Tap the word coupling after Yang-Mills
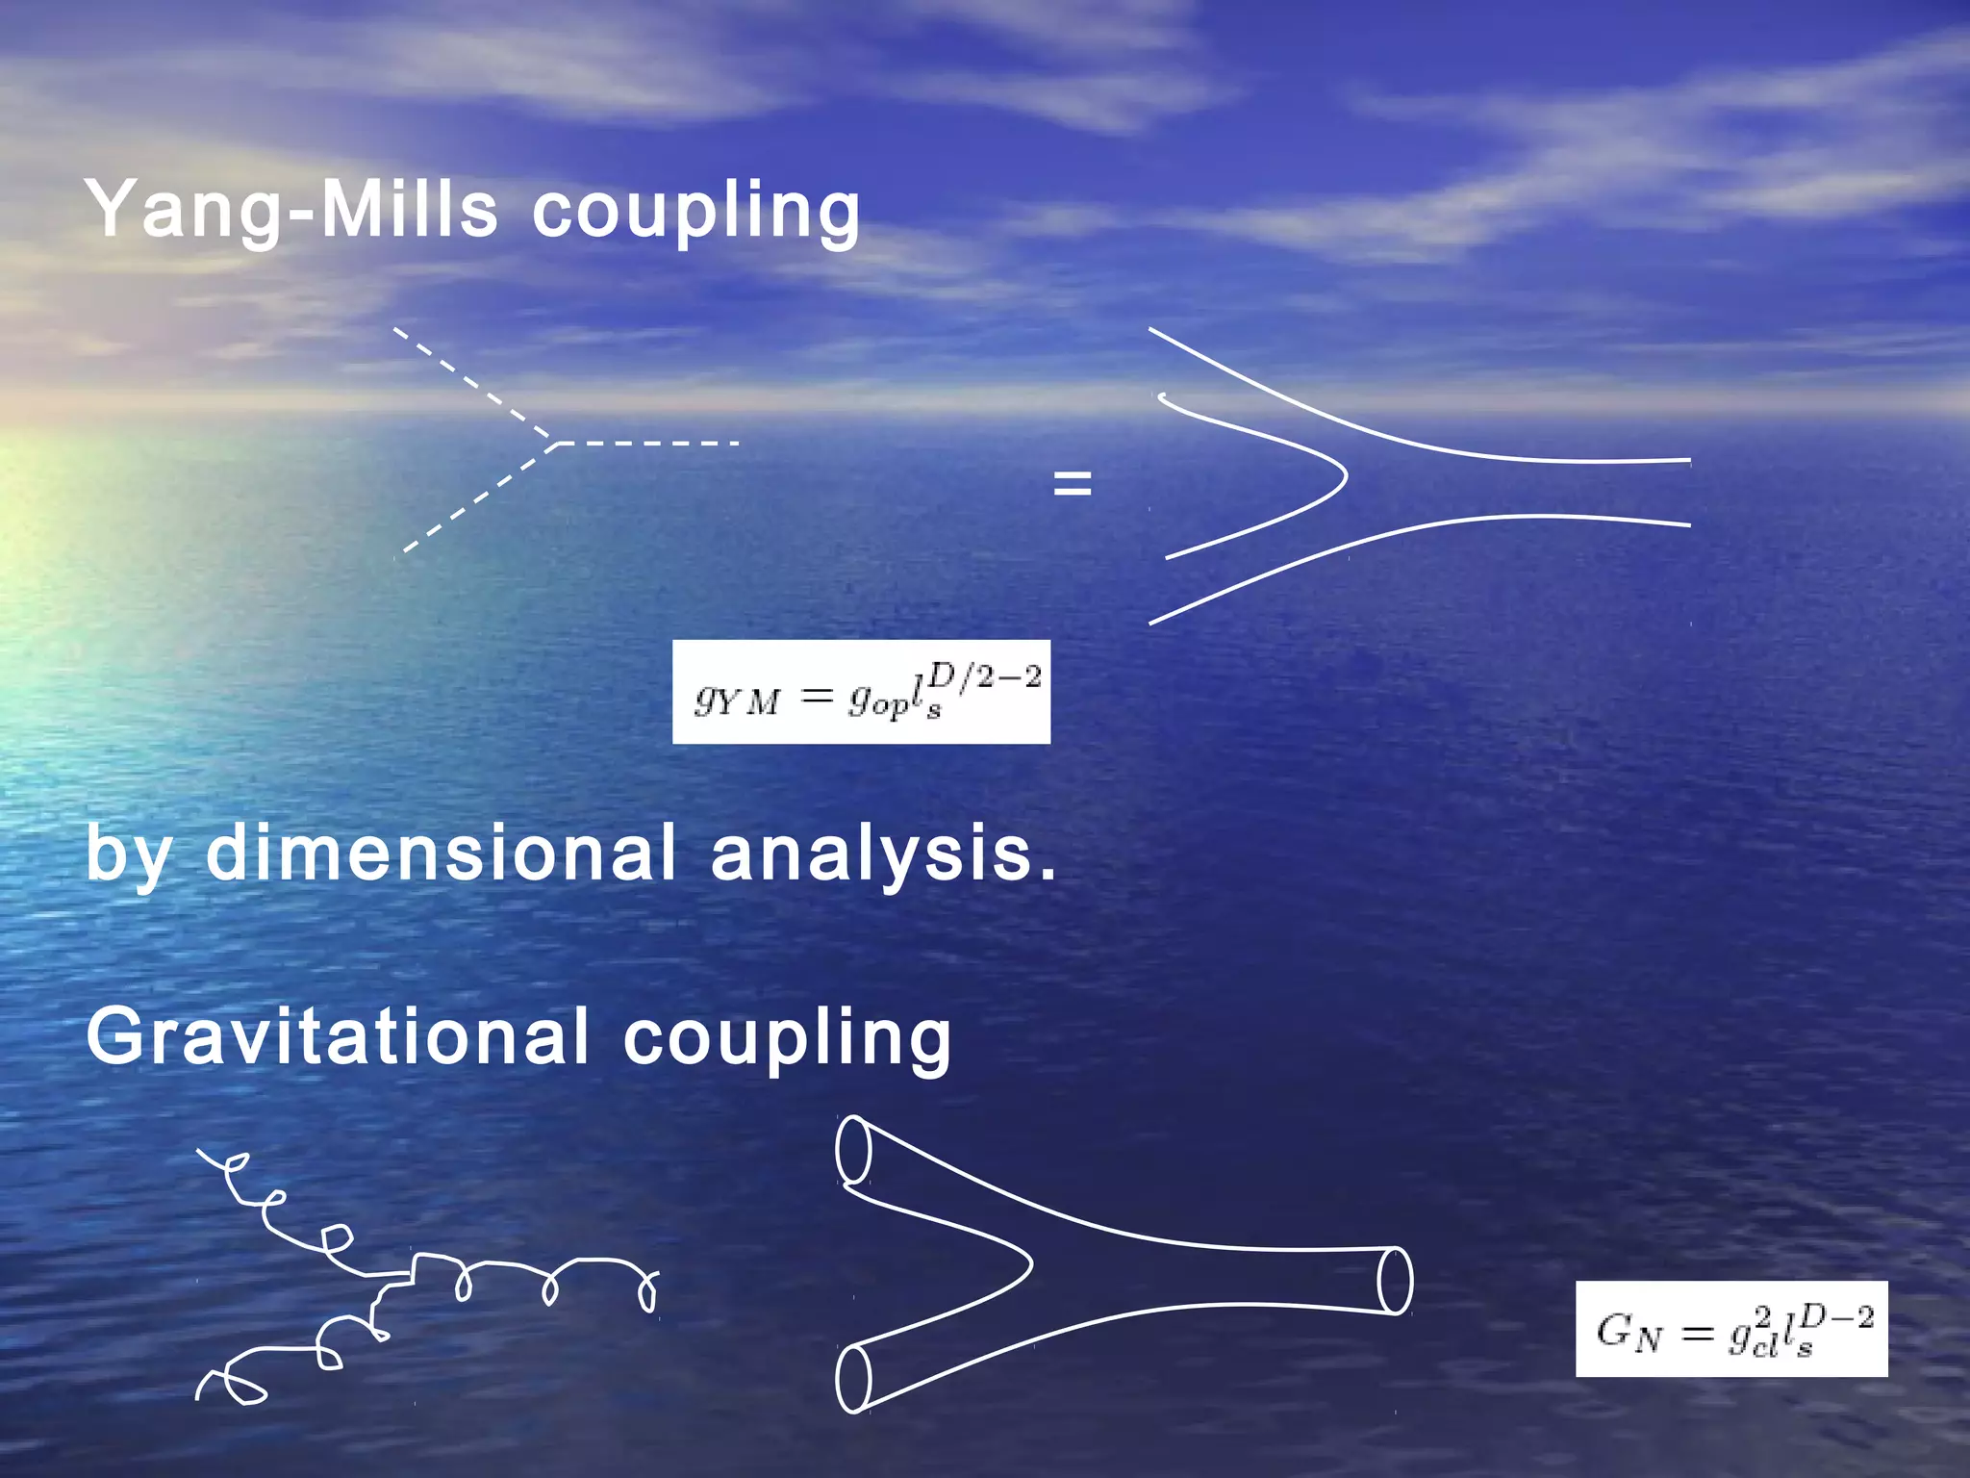(x=695, y=213)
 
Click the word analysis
(x=882, y=855)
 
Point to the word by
(x=128, y=855)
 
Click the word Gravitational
(x=337, y=1036)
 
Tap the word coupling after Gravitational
(x=787, y=1040)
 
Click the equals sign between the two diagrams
(x=1073, y=483)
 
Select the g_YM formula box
(x=861, y=692)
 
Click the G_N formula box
(x=1730, y=1329)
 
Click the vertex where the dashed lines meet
(x=555, y=444)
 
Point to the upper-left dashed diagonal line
(x=471, y=384)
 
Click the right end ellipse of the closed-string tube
(x=1395, y=1280)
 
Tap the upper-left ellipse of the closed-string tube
(x=853, y=1149)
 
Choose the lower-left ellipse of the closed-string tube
(x=853, y=1379)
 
